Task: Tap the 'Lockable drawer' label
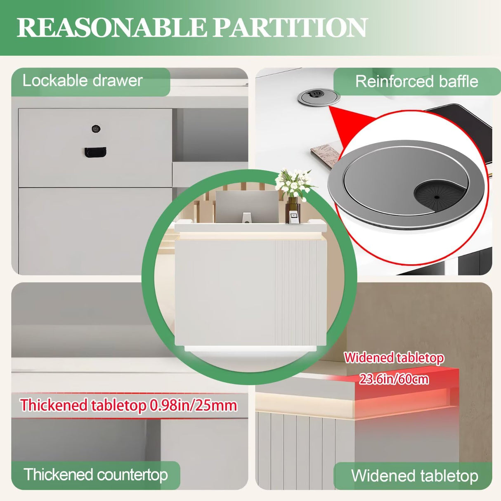pyautogui.click(x=83, y=80)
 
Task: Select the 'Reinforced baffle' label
pyautogui.click(x=417, y=81)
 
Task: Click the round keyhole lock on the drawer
pyautogui.click(x=96, y=129)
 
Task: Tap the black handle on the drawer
pyautogui.click(x=95, y=152)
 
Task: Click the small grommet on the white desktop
pyautogui.click(x=319, y=97)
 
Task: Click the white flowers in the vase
pyautogui.click(x=293, y=182)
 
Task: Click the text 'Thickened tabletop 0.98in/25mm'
pyautogui.click(x=129, y=405)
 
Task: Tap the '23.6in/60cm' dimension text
pyautogui.click(x=394, y=379)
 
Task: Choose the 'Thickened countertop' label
pyautogui.click(x=96, y=475)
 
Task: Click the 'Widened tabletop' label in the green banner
pyautogui.click(x=414, y=476)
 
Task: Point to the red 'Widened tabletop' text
pyautogui.click(x=394, y=358)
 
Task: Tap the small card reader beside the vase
pyautogui.click(x=293, y=217)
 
